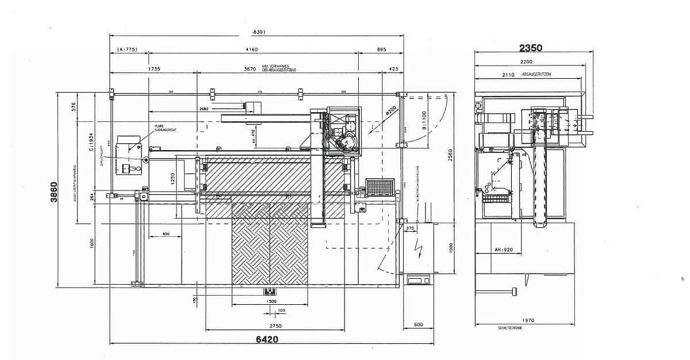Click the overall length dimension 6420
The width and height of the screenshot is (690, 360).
pyautogui.click(x=266, y=339)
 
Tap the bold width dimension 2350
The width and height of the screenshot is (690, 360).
pyautogui.click(x=530, y=48)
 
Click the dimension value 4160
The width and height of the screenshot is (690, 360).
pyautogui.click(x=251, y=50)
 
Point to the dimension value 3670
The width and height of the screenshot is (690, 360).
pyautogui.click(x=249, y=68)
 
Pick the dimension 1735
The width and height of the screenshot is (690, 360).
pyautogui.click(x=154, y=68)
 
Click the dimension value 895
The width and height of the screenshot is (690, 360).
pyautogui.click(x=382, y=50)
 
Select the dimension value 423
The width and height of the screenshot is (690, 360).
pyautogui.click(x=393, y=68)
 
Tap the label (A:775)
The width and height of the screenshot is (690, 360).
pyautogui.click(x=127, y=50)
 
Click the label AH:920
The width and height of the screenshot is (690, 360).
pyautogui.click(x=503, y=250)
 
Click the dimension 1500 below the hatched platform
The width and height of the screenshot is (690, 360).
pyautogui.click(x=271, y=301)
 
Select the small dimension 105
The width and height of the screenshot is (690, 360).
pyautogui.click(x=281, y=311)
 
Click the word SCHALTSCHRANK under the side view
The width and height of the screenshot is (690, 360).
pyautogui.click(x=511, y=328)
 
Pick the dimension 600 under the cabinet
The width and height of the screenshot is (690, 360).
pyautogui.click(x=418, y=324)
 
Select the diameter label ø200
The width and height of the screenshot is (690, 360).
pyautogui.click(x=391, y=109)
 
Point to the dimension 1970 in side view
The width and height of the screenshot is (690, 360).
pyautogui.click(x=528, y=320)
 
